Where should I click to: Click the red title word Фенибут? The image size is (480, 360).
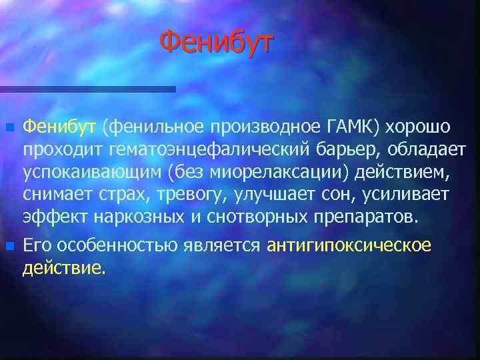pyautogui.click(x=217, y=43)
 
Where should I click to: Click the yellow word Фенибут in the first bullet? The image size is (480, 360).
pyautogui.click(x=60, y=126)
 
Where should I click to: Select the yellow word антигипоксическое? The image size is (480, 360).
pyautogui.click(x=349, y=245)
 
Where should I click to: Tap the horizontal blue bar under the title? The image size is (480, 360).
pyautogui.click(x=87, y=89)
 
